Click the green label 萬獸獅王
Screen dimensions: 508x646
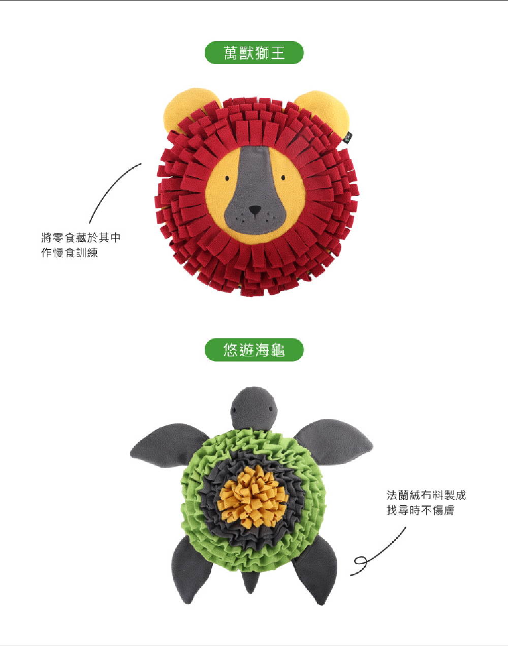254,53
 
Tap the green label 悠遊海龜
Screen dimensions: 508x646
254,350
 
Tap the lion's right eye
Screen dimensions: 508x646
283,178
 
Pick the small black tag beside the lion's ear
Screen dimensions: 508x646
347,137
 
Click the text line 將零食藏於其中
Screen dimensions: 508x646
81,237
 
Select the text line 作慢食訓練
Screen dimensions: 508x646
70,253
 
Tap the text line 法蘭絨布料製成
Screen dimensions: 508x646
426,495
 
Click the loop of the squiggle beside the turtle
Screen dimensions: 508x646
361,561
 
